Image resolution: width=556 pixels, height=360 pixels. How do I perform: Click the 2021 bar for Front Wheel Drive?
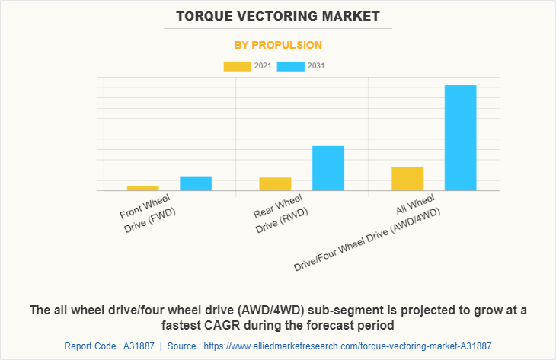[143, 187]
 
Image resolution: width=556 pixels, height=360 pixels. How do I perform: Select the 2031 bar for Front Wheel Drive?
[196, 183]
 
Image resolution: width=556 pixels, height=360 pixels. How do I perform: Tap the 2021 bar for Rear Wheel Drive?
[275, 183]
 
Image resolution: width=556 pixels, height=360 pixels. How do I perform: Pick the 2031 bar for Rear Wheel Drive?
[328, 167]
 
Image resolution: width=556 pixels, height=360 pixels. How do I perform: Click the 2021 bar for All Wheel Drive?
[407, 178]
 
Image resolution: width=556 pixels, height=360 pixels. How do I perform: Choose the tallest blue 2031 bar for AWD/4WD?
[460, 137]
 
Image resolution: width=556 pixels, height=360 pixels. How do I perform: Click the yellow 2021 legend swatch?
[236, 66]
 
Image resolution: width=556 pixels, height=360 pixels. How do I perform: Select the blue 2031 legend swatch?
[291, 66]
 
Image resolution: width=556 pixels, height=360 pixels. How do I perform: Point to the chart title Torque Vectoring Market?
[278, 15]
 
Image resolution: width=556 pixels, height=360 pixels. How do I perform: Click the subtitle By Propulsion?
[278, 45]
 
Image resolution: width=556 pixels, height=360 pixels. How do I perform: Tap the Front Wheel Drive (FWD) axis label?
[149, 212]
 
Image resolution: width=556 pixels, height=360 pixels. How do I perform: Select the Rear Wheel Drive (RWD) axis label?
[280, 214]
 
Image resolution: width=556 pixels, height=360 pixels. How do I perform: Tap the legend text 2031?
[316, 66]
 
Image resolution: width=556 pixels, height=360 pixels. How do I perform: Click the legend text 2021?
[263, 66]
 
